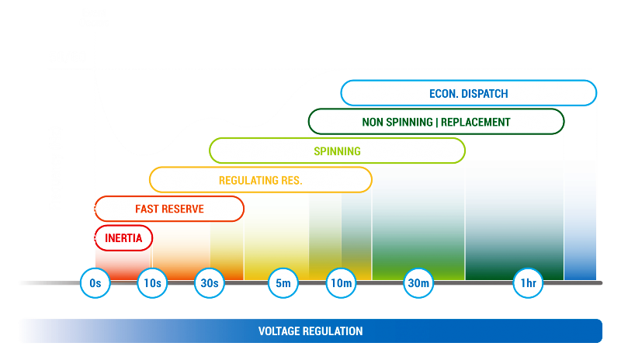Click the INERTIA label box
point(123,238)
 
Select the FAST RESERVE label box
point(169,209)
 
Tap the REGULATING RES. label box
point(260,180)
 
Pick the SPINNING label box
point(337,151)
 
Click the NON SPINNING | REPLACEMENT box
point(435,122)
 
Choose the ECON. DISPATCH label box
point(468,93)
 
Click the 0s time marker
point(95,283)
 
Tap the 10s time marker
point(152,283)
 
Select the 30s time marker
point(209,283)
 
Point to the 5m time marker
point(283,283)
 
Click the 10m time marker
point(341,283)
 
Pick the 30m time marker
point(418,283)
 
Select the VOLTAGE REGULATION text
point(310,331)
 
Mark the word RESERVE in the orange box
point(184,209)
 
